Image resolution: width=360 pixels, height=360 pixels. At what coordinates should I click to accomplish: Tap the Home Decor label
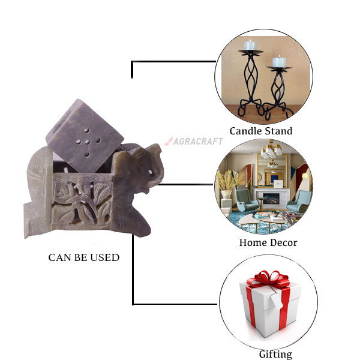tap(268, 242)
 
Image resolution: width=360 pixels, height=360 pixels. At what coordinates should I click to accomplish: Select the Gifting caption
tap(275, 354)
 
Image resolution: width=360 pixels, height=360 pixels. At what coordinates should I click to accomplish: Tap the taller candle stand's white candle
tap(250, 45)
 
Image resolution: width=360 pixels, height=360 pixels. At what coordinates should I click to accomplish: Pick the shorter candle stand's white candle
tap(279, 62)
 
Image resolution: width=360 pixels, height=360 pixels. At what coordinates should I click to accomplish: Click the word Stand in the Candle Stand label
tap(280, 131)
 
